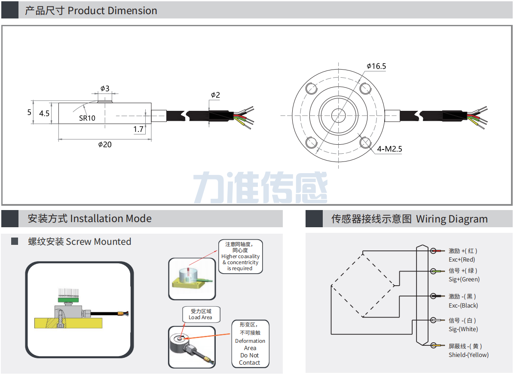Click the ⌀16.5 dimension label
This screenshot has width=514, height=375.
coord(376,66)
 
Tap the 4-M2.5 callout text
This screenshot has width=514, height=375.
coord(389,149)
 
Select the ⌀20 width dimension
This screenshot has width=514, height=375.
coord(104,144)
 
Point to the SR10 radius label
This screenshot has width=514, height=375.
coord(87,118)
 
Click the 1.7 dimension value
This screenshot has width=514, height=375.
coord(138,129)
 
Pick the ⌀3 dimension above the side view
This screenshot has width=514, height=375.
coord(105,88)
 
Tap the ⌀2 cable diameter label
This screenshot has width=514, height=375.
coord(215,95)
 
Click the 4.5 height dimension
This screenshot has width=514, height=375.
coord(44,113)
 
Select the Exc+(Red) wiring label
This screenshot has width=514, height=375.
coord(462,259)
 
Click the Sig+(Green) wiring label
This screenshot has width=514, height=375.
coord(464,279)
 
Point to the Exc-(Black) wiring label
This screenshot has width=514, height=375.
coord(463,305)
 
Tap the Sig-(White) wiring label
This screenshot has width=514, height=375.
coord(463,329)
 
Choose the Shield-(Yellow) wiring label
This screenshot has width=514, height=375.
coord(468,355)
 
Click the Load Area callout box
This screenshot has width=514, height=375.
coord(200,314)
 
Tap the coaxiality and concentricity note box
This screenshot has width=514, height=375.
coord(240,256)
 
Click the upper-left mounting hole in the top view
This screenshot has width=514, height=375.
coord(311,88)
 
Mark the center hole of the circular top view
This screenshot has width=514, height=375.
coord(338,115)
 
